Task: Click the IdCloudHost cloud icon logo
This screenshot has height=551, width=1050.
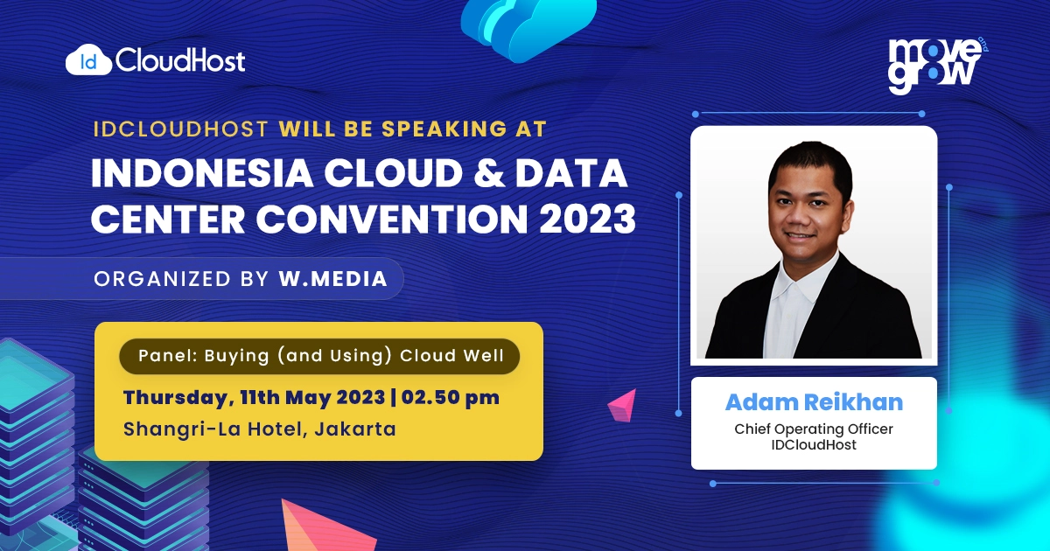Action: pos(88,60)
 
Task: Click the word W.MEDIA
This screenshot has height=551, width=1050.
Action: pos(332,279)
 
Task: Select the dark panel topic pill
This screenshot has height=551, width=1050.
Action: pos(319,356)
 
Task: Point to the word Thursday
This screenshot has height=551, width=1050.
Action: pos(173,397)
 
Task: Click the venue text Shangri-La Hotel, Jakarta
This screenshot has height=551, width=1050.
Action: pos(260,429)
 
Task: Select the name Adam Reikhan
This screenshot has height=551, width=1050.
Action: pos(814,402)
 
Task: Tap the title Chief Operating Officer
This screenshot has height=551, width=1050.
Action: pos(814,429)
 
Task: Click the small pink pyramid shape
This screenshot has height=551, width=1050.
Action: pos(623,405)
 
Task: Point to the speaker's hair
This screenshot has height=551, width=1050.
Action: pos(809,162)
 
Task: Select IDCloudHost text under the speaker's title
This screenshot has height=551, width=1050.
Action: pos(814,445)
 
